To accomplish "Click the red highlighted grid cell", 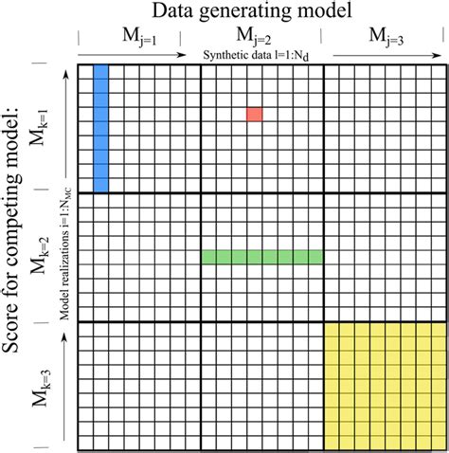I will coord(254,114).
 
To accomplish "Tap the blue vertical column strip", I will coord(101,127).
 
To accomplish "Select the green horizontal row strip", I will coord(262,257).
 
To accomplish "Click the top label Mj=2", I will coord(261,37).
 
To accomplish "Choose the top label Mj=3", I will coord(384,37).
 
